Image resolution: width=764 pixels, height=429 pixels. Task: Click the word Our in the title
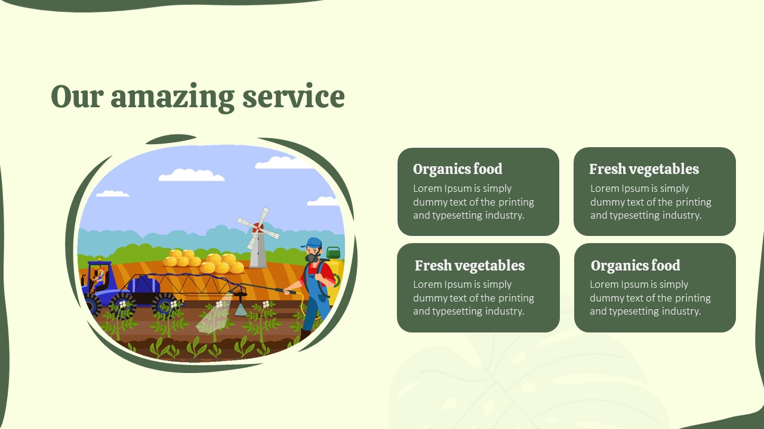77,97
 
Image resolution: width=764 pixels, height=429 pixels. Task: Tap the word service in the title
294,97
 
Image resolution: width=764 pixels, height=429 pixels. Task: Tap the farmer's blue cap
312,243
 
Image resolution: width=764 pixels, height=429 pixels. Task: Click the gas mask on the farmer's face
312,256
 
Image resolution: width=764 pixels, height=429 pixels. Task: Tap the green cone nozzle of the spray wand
241,309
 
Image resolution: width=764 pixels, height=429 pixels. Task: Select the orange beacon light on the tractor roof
99,260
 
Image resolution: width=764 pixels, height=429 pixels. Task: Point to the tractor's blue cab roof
100,264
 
